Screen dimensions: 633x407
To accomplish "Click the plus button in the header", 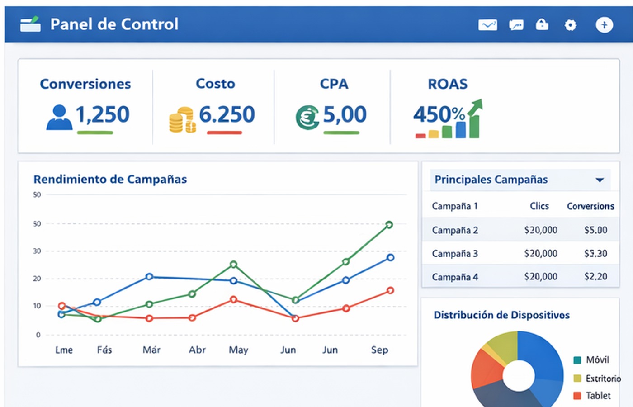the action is [604, 25].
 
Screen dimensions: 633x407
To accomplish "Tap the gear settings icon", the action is [571, 25].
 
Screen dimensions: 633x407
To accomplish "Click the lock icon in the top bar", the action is [542, 24].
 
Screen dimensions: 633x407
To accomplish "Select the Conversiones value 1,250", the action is [102, 114].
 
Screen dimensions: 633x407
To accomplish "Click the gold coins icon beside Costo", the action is [182, 120].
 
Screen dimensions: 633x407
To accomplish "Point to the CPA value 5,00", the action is [345, 114].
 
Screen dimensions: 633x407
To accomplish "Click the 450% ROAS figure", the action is [439, 114].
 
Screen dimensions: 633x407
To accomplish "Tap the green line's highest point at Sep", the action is [389, 225].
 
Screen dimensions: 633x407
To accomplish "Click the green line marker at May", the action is [233, 264].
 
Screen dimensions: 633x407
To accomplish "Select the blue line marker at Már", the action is [149, 276].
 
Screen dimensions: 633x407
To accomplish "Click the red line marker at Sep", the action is [390, 291].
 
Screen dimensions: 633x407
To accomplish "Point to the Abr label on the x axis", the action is [197, 350].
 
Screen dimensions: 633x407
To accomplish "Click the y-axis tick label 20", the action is [37, 279].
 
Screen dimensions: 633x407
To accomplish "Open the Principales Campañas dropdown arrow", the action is [600, 180].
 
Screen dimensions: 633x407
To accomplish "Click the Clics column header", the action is [539, 206].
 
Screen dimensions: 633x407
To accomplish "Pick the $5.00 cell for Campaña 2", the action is [595, 230].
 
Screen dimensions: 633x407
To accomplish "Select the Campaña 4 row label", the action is [454, 277].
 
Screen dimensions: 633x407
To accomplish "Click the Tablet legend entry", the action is [598, 396].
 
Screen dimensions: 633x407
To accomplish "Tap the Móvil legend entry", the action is [597, 360].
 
